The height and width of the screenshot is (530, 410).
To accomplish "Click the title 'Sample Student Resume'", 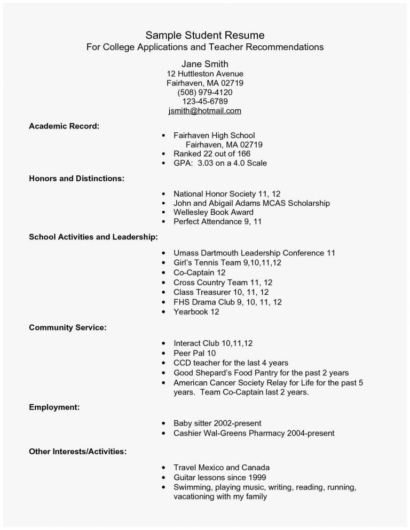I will tap(205, 36).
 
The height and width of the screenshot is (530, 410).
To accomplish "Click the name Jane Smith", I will tap(205, 64).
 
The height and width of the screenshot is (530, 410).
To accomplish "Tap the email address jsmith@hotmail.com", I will tap(205, 111).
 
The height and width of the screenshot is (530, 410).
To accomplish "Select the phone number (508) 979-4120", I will tap(205, 92).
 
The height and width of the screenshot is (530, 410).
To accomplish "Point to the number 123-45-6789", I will tap(205, 101).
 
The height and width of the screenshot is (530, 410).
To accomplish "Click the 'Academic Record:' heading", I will tap(64, 126).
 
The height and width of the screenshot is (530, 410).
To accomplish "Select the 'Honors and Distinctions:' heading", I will tap(76, 178).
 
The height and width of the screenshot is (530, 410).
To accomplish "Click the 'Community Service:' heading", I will tap(67, 327).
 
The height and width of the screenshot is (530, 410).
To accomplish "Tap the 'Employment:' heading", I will tap(54, 407).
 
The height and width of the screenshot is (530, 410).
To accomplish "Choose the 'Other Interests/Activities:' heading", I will tap(77, 452).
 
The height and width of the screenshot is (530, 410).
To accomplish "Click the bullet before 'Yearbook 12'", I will tap(163, 312).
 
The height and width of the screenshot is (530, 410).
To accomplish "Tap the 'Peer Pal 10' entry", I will tap(195, 353).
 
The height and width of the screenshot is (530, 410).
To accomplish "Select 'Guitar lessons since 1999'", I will tap(220, 477).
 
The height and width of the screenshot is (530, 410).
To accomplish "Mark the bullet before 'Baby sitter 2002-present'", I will tap(163, 423).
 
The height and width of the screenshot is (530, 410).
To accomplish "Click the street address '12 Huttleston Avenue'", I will tap(205, 74).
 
